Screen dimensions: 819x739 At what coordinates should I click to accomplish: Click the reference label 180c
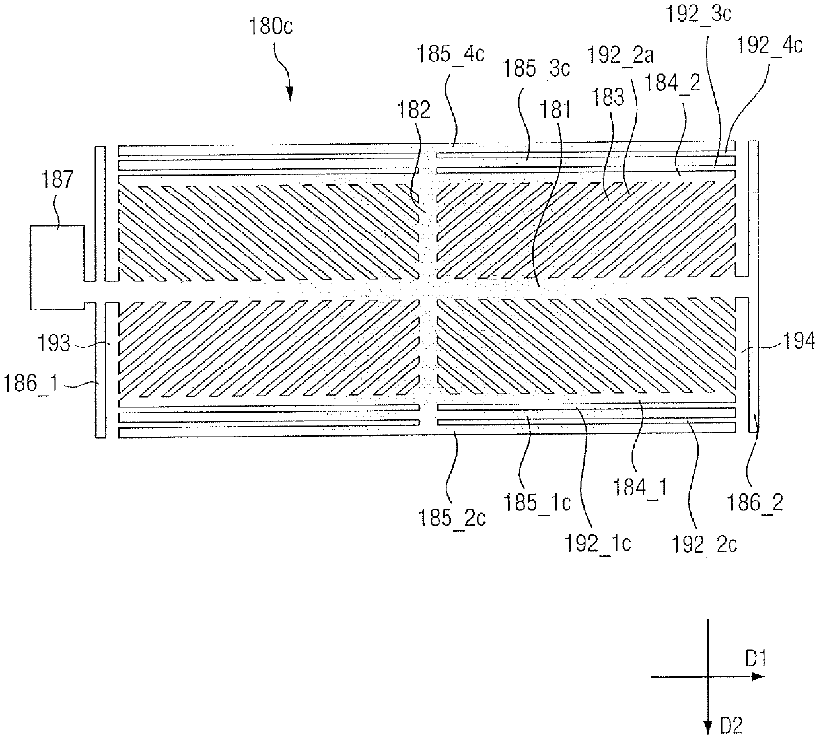(271, 27)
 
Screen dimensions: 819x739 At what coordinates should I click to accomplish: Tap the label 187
(57, 180)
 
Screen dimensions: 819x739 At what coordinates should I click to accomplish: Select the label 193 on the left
(54, 343)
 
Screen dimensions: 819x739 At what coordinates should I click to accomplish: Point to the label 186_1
(32, 384)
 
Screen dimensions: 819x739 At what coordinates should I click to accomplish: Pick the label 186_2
(756, 503)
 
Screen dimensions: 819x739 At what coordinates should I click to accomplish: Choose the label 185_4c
(450, 54)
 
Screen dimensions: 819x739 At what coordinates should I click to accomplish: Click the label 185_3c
(536, 68)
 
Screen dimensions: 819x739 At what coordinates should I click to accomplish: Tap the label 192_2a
(620, 55)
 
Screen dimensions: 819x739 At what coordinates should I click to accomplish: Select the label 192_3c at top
(699, 14)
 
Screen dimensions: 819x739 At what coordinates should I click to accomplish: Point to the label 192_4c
(769, 46)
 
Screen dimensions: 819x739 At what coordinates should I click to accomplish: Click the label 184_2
(672, 83)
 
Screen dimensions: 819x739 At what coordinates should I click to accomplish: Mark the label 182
(414, 110)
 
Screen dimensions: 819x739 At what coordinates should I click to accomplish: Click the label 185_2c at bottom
(452, 518)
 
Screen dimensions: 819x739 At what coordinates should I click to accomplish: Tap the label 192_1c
(598, 544)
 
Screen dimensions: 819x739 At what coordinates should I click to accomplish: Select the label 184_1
(640, 487)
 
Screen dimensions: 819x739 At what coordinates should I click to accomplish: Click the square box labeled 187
(57, 267)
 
